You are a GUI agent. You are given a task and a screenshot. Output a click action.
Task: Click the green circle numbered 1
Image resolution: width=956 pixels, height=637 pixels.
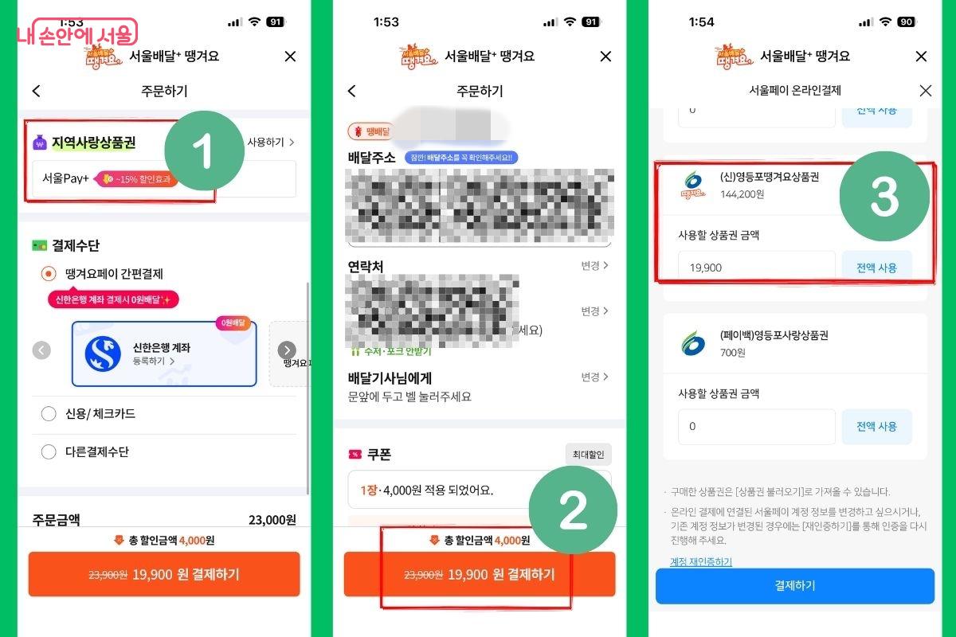[x=204, y=151]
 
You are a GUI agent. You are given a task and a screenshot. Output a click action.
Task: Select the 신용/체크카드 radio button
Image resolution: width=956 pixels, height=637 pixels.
[x=49, y=414]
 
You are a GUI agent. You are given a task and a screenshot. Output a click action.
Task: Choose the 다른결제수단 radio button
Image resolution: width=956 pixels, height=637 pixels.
[x=49, y=452]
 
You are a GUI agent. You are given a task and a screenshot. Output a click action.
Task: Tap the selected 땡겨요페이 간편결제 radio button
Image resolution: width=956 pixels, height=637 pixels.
[x=49, y=274]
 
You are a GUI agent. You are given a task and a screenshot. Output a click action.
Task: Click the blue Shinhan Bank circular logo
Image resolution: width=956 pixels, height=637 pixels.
[x=103, y=354]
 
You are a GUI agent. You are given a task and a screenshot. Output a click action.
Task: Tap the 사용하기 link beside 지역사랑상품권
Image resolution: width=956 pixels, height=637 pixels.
[x=271, y=143]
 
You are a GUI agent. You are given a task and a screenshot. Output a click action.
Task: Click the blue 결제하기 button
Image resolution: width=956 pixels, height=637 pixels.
[x=794, y=586]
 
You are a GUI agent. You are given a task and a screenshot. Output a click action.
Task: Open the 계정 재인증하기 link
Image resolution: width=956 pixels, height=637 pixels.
[x=701, y=562]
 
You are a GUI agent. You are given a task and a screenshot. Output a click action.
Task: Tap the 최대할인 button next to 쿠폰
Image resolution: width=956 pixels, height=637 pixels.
[x=589, y=455]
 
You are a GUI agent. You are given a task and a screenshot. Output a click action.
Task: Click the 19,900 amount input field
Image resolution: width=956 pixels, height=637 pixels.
[x=755, y=268]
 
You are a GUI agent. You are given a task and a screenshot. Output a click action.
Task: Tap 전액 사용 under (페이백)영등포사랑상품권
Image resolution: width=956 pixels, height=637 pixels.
[x=876, y=427]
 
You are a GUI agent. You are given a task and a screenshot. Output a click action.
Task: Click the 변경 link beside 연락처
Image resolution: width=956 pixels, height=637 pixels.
[x=594, y=266]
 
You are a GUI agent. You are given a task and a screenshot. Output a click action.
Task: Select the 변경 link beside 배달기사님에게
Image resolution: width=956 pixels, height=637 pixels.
[x=594, y=377]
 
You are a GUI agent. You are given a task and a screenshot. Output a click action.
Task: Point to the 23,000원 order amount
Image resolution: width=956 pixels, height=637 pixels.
[x=272, y=520]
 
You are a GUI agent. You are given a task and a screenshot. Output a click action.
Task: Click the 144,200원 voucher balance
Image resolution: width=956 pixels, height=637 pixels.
[x=742, y=193]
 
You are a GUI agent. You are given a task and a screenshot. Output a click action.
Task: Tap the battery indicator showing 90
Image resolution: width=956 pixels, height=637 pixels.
[x=907, y=22]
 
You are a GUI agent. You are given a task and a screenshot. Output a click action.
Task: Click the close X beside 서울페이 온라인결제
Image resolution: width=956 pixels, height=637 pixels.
[x=925, y=91]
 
